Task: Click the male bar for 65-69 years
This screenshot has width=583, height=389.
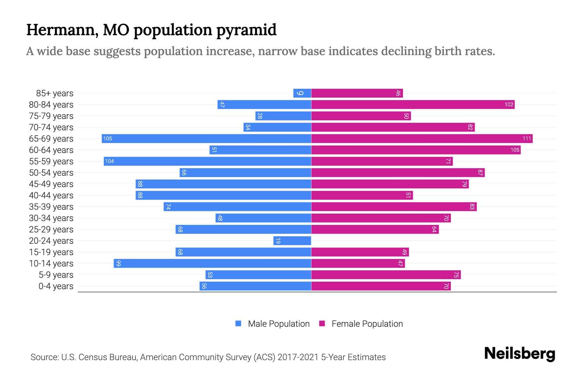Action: click(x=206, y=139)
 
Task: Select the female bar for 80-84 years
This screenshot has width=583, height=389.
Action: click(x=413, y=105)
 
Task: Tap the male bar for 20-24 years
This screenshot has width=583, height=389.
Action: click(x=292, y=241)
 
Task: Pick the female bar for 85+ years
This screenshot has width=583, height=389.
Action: click(x=357, y=93)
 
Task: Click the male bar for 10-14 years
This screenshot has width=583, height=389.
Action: click(x=212, y=264)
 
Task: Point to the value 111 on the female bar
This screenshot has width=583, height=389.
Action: click(x=527, y=139)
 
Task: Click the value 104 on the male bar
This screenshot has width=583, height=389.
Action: click(x=109, y=161)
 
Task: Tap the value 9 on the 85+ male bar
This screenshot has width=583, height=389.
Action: click(x=300, y=93)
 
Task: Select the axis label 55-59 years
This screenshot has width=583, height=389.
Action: click(x=51, y=161)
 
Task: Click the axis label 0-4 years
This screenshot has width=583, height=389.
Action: click(x=56, y=286)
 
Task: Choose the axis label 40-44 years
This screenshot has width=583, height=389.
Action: click(x=51, y=195)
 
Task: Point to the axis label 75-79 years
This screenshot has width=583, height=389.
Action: click(x=51, y=116)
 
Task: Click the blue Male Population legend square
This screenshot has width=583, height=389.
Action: click(x=238, y=324)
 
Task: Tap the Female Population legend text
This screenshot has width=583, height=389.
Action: click(x=367, y=324)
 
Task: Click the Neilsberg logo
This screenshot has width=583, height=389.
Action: click(x=520, y=354)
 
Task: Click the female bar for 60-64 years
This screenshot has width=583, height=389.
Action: click(x=416, y=150)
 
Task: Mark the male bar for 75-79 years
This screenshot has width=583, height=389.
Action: click(x=283, y=116)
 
